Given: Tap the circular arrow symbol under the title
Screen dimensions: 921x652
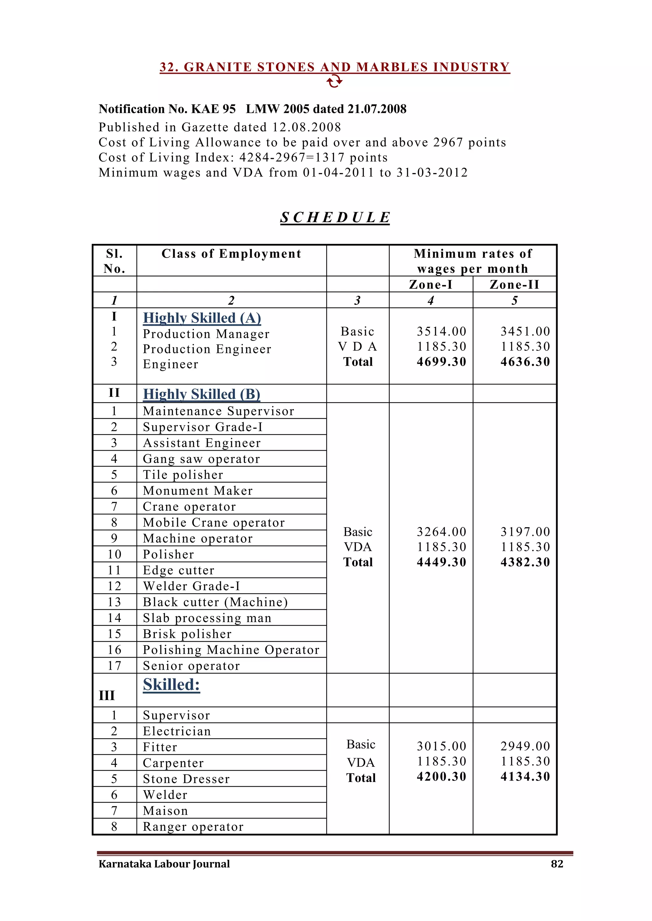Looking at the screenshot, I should [x=334, y=82].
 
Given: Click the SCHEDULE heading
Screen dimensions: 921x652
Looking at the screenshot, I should [x=335, y=218].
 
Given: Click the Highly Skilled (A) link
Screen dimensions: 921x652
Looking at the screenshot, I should [x=202, y=318].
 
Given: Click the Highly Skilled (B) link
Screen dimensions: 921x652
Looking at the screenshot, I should [x=202, y=394].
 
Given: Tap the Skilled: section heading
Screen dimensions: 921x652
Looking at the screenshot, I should [x=171, y=684].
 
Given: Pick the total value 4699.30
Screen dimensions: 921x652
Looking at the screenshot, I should [x=441, y=362].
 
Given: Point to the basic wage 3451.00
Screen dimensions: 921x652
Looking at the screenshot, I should [x=525, y=331].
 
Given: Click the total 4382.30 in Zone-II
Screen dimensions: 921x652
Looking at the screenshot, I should [x=525, y=562].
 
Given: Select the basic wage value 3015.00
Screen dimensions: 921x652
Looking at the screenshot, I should [x=441, y=746].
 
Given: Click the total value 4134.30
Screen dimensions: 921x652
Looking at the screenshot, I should [x=525, y=777].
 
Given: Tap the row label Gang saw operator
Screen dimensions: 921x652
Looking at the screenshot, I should [x=201, y=459].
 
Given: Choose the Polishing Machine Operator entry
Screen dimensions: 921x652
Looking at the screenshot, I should [x=231, y=650].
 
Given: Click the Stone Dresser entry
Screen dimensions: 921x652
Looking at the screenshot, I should [x=186, y=779].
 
